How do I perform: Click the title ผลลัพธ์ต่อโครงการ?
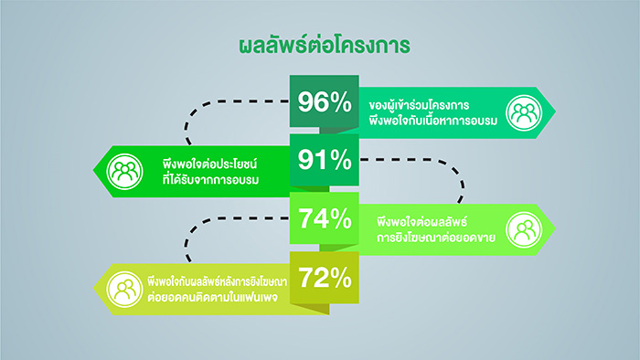[325, 45]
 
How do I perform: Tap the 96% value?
[325, 102]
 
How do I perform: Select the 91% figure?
[325, 160]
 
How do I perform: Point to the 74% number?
[325, 219]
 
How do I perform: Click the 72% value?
[325, 278]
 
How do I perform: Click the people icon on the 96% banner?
[524, 113]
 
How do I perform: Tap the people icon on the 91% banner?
[125, 172]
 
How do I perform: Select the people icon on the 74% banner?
[524, 230]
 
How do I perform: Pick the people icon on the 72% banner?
[125, 289]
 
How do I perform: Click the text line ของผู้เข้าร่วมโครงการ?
[419, 105]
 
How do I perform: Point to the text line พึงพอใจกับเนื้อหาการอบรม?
[433, 122]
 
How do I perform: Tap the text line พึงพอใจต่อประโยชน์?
[209, 164]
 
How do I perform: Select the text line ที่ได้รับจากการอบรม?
[210, 180]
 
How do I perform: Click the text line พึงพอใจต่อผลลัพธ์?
[421, 223]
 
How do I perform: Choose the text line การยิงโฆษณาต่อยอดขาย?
[436, 238]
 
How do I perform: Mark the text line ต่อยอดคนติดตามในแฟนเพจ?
[213, 297]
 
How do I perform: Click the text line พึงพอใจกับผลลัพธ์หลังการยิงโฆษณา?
[218, 281]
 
